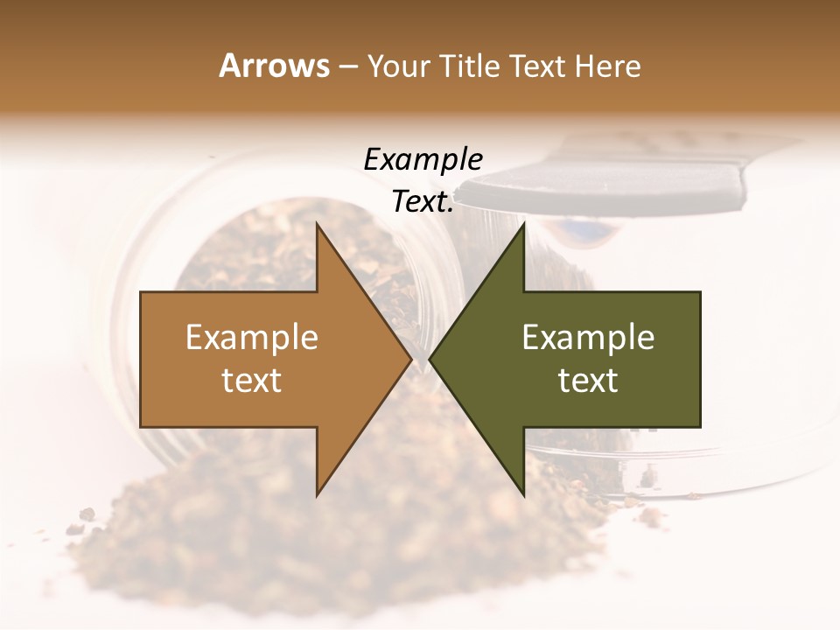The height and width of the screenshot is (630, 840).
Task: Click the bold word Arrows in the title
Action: tap(274, 66)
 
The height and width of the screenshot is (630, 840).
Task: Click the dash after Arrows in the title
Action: tap(347, 67)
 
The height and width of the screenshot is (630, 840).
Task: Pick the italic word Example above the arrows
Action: tap(423, 160)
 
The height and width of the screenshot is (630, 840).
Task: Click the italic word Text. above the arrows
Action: tap(423, 202)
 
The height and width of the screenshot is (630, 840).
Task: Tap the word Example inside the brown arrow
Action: tap(252, 338)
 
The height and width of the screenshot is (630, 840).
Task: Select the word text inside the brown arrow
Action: tap(252, 380)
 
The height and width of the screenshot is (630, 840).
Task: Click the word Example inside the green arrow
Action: tap(588, 338)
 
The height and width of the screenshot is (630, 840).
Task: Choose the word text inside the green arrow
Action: tap(588, 380)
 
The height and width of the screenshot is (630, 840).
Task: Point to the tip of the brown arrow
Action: tap(411, 360)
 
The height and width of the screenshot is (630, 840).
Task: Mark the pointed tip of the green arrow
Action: tap(430, 360)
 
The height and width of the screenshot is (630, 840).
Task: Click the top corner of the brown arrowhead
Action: tap(317, 223)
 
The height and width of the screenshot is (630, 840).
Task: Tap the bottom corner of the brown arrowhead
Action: tap(317, 496)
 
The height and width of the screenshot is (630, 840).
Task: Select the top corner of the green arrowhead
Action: tap(524, 223)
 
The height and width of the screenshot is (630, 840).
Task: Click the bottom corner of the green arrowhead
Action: tap(524, 496)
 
